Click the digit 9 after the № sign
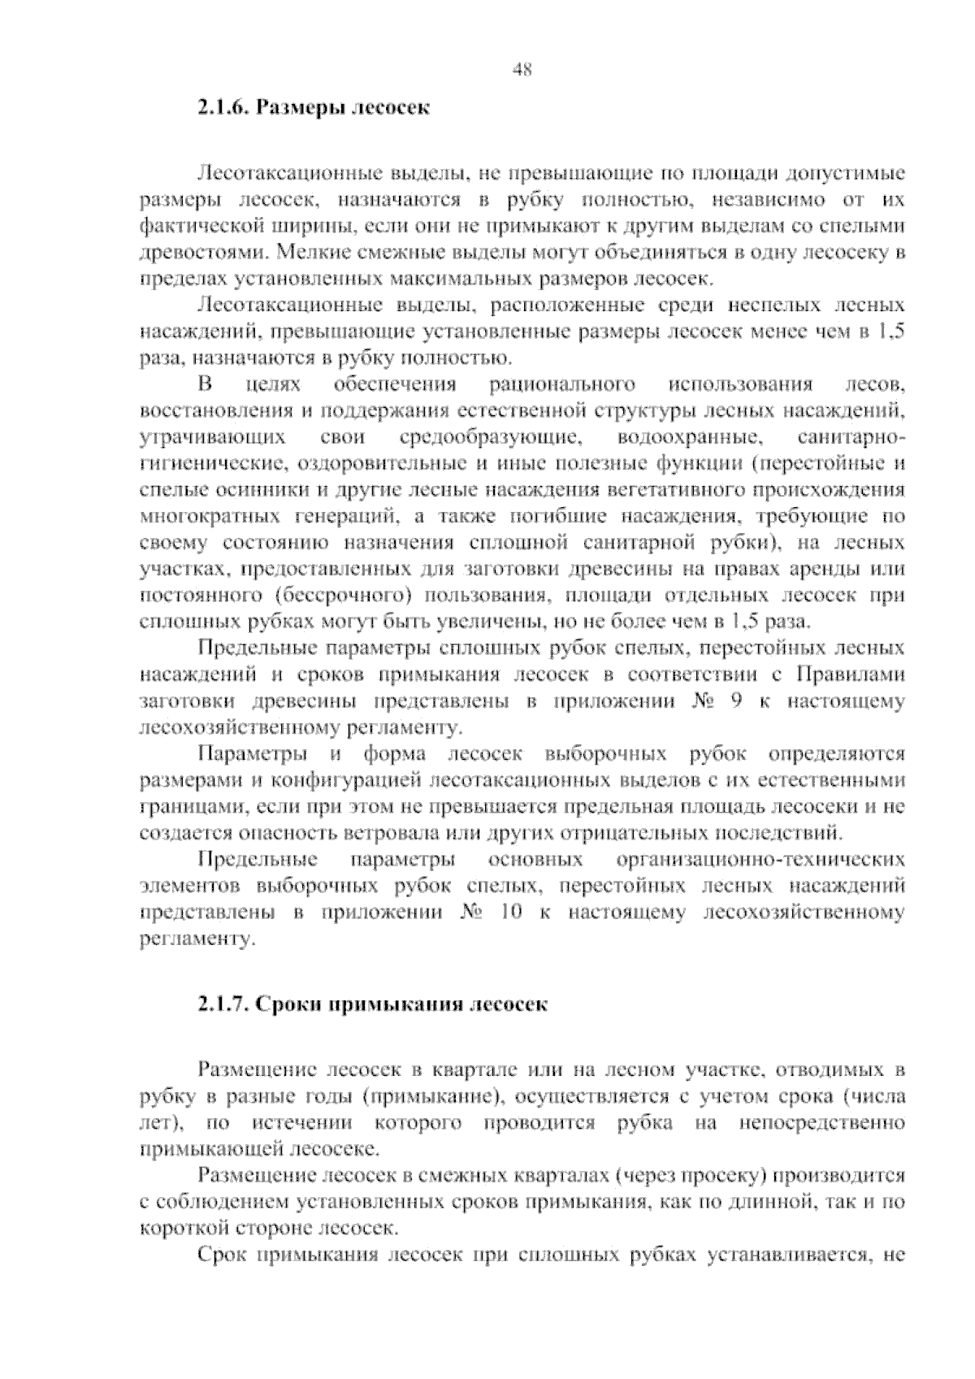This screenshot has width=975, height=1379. tap(735, 701)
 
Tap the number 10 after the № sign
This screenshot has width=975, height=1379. tap(510, 913)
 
